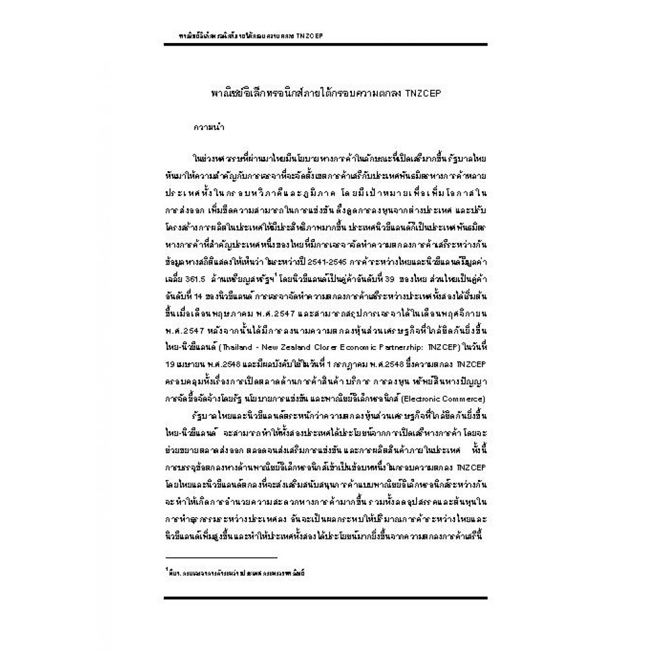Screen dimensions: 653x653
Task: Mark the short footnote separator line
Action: [222, 558]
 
